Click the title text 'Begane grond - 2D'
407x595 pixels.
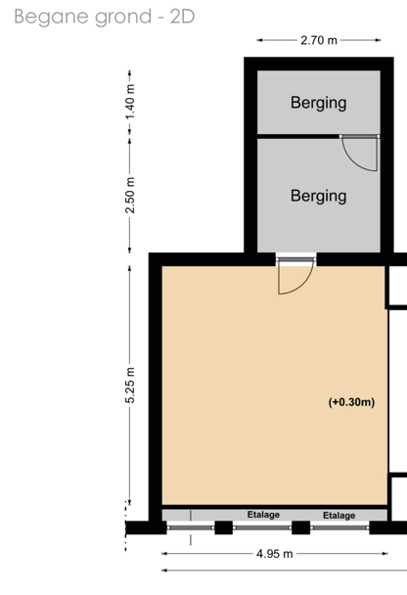click(105, 17)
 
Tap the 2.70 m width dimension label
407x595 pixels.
click(319, 40)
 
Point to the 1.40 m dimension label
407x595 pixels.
click(130, 102)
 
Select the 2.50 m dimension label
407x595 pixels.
click(130, 195)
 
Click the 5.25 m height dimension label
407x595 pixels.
click(130, 386)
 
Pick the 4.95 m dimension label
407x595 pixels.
click(275, 554)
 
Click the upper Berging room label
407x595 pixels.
click(319, 103)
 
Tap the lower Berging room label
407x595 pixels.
click(319, 196)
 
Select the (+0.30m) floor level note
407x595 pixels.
click(351, 402)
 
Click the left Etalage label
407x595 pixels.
click(263, 515)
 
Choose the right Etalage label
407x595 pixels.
click(339, 516)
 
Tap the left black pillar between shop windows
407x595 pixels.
click(223, 527)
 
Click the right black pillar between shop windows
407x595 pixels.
click(300, 527)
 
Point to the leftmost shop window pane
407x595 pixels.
click(191, 527)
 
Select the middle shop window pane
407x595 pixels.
click(262, 527)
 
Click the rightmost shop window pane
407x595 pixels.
click(339, 527)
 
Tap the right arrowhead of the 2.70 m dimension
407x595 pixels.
click(378, 40)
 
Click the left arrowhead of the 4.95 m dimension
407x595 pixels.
click(164, 554)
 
